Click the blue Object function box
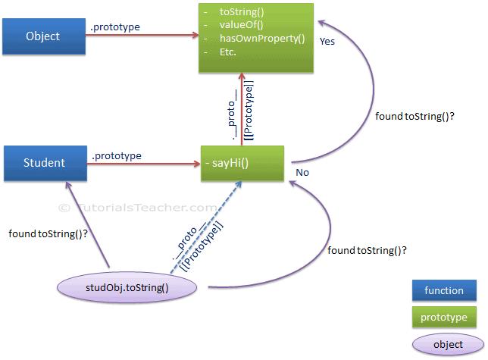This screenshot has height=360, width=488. click(x=42, y=36)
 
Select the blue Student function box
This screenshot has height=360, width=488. click(x=42, y=161)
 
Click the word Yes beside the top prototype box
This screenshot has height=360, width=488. click(x=328, y=42)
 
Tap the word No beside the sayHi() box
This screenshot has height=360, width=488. click(x=301, y=173)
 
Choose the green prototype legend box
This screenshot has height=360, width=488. click(x=444, y=317)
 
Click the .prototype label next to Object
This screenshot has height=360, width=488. click(x=115, y=28)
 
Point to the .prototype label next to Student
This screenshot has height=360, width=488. click(x=117, y=156)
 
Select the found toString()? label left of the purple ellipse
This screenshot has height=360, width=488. click(x=47, y=234)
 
